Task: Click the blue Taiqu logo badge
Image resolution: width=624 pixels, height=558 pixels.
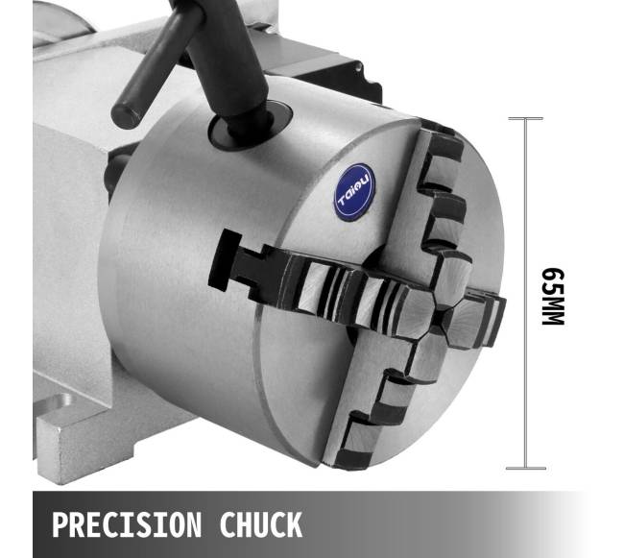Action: coord(354,192)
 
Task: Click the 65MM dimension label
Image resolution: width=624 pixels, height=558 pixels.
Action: coord(553,297)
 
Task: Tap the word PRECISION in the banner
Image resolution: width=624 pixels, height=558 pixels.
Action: coord(127,524)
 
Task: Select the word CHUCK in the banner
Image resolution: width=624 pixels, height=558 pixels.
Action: coord(261,524)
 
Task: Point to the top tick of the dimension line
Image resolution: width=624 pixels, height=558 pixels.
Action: coord(526,118)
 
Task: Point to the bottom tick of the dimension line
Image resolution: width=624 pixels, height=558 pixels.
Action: coord(526,469)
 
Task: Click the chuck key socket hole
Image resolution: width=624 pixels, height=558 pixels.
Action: coord(251,126)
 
